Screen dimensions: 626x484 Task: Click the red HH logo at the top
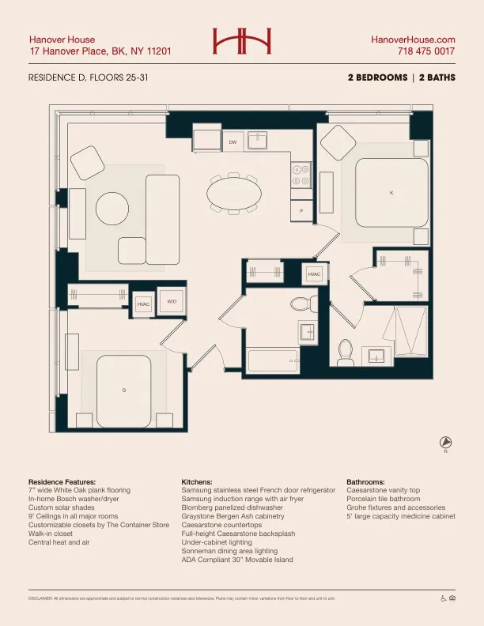[x=242, y=40]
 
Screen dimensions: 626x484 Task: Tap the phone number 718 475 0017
[x=426, y=51]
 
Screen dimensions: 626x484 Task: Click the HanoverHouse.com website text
[x=413, y=39]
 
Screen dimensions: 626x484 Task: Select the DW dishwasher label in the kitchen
[x=233, y=142]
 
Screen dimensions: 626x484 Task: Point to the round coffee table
[x=112, y=209]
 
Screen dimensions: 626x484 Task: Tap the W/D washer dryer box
[x=172, y=301]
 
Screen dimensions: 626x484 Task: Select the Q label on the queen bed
[x=123, y=390]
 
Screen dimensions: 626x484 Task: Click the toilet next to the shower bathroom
[x=346, y=353]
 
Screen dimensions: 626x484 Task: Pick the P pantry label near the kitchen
[x=301, y=212]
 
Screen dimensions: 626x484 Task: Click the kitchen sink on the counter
[x=258, y=141]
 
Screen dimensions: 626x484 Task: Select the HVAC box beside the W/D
[x=143, y=304]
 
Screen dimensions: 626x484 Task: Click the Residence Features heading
[x=62, y=481]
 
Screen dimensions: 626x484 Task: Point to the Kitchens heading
[x=196, y=481]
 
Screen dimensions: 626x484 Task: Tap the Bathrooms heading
[x=365, y=481]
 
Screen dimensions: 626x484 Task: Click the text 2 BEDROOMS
[x=376, y=77]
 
